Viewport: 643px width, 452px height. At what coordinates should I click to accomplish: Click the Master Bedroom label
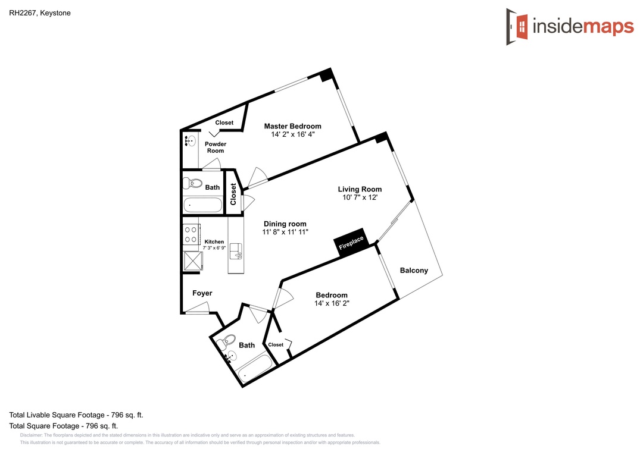point(292,126)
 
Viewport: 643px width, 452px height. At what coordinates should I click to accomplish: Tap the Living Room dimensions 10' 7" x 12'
point(360,197)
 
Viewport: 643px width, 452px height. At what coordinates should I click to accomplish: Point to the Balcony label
point(414,271)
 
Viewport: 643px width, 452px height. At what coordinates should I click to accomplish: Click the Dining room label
point(285,224)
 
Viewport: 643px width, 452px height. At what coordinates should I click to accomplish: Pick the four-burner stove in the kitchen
point(191,234)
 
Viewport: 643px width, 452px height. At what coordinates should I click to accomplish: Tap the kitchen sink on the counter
point(236,251)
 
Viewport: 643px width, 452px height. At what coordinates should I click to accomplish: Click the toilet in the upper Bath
point(192,183)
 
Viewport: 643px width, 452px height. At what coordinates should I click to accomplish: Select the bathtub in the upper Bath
point(202,205)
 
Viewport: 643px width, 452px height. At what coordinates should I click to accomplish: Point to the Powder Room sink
point(190,140)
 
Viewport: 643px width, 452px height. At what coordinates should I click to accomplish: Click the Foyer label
point(202,293)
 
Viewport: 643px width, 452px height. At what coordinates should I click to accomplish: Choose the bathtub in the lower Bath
point(255,368)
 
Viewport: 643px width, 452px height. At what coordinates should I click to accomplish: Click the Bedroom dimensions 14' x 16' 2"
point(332,303)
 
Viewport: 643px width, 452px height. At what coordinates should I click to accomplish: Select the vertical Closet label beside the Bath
point(233,194)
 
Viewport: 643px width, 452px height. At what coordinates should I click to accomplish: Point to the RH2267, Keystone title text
point(40,13)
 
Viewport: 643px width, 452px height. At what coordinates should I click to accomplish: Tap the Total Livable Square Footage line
point(76,415)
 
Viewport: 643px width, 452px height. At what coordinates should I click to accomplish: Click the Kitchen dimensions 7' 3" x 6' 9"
point(214,248)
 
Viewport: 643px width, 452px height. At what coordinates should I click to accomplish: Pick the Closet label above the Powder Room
point(224,123)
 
